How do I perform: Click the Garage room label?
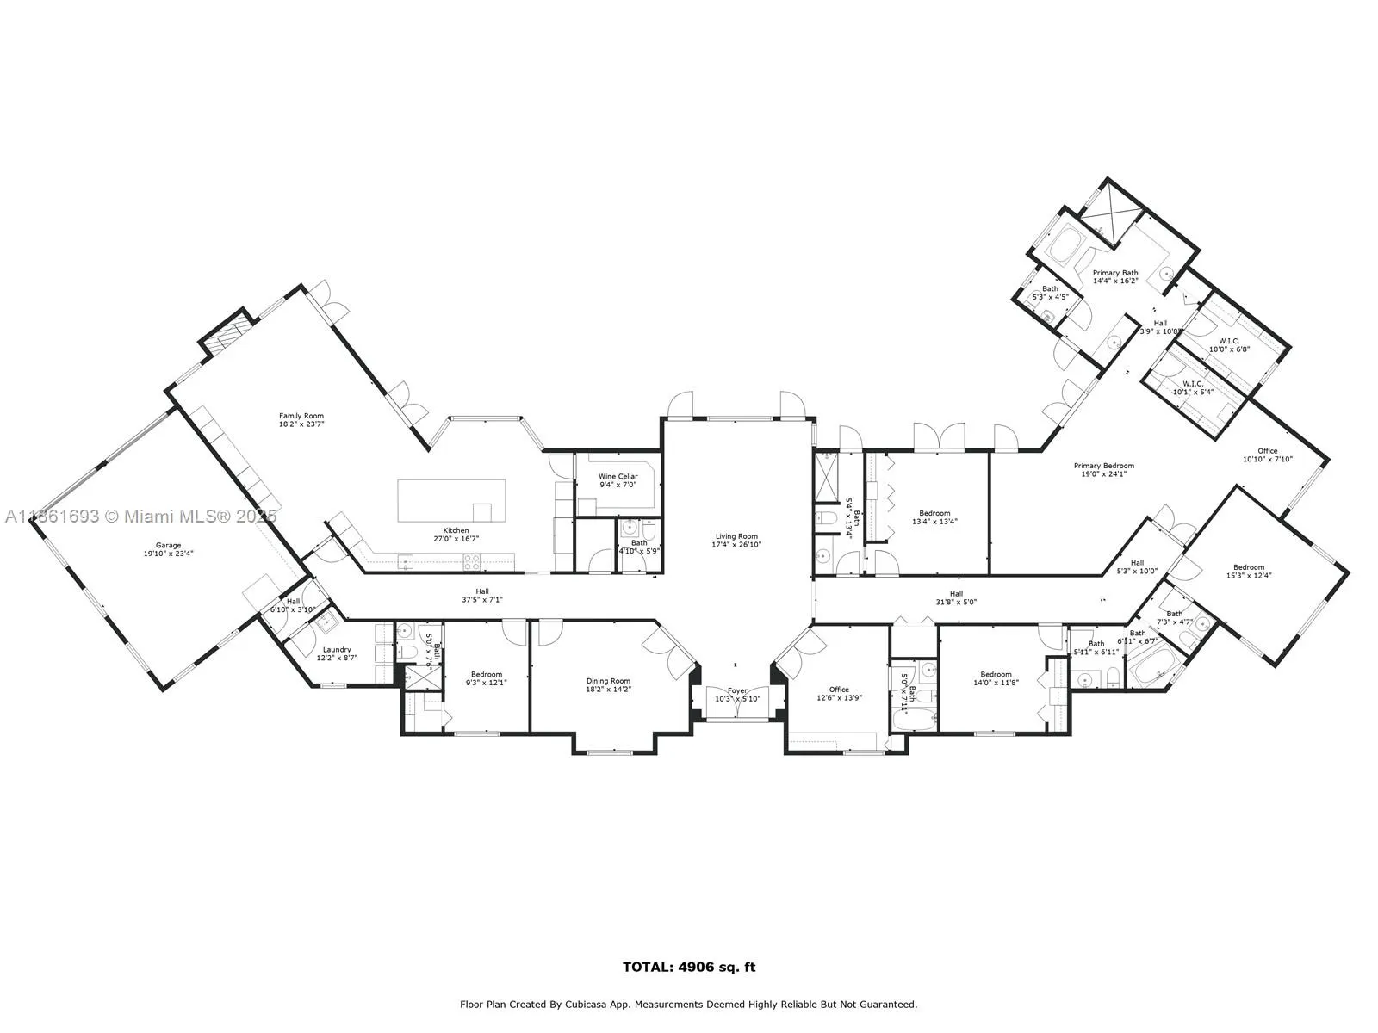pos(168,545)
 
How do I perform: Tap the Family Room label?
pos(301,416)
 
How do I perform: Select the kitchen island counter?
pos(450,500)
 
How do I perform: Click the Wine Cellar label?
pos(618,476)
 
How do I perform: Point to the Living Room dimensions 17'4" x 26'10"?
pos(736,545)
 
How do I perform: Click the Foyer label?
pos(737,690)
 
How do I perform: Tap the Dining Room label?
pos(608,681)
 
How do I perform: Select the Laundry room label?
pos(336,650)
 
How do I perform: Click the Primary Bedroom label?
pos(1103,466)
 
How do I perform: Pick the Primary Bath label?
pos(1115,273)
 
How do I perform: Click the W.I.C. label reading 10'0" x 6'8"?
pos(1228,341)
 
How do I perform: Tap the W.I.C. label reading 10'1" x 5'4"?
pos(1192,384)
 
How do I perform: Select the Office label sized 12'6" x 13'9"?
pos(839,690)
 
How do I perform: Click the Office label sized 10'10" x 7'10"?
pos(1267,451)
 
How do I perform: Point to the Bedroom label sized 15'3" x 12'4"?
pos(1248,567)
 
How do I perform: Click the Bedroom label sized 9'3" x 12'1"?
pos(486,675)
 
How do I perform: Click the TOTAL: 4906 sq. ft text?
pos(689,967)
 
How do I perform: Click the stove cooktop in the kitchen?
pos(473,561)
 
